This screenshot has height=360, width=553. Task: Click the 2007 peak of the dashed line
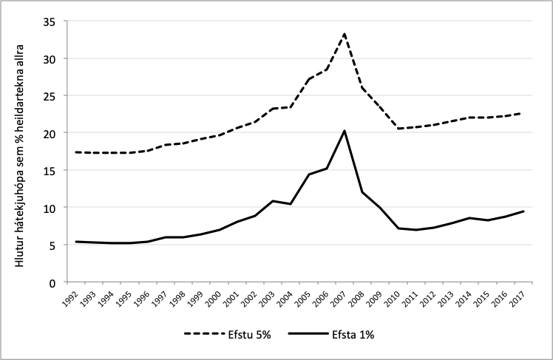pyautogui.click(x=345, y=33)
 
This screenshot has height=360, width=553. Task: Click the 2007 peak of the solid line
pyautogui.click(x=345, y=131)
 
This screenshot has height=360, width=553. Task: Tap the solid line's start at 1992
pyautogui.click(x=77, y=242)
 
